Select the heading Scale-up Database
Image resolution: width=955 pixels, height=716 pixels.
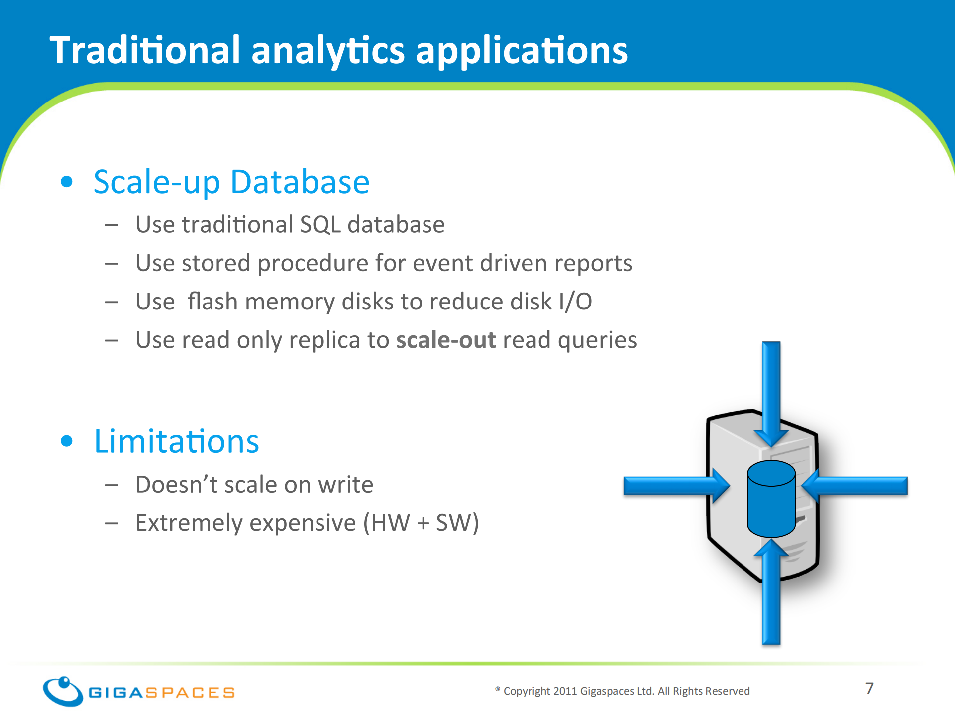click(231, 183)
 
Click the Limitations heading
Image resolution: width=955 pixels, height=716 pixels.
click(177, 441)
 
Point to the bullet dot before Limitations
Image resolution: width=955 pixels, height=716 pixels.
click(67, 441)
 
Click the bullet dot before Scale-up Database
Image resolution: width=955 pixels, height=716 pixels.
click(67, 181)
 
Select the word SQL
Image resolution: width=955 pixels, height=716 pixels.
click(320, 225)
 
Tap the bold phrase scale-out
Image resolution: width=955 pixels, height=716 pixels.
click(446, 340)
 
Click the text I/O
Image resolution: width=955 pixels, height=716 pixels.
click(575, 302)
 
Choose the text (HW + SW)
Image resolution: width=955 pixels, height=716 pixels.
click(421, 523)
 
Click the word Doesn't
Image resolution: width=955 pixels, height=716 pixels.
click(176, 484)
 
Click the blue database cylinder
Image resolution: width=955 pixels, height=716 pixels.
click(771, 499)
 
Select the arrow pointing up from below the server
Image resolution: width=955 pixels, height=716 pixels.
click(771, 592)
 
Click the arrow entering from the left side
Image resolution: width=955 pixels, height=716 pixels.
click(676, 486)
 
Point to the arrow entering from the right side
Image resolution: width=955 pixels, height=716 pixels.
click(855, 486)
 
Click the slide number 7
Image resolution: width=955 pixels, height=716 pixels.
click(869, 688)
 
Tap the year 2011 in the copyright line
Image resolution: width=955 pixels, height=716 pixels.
click(565, 691)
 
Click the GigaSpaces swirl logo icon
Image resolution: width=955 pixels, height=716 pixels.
click(63, 691)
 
